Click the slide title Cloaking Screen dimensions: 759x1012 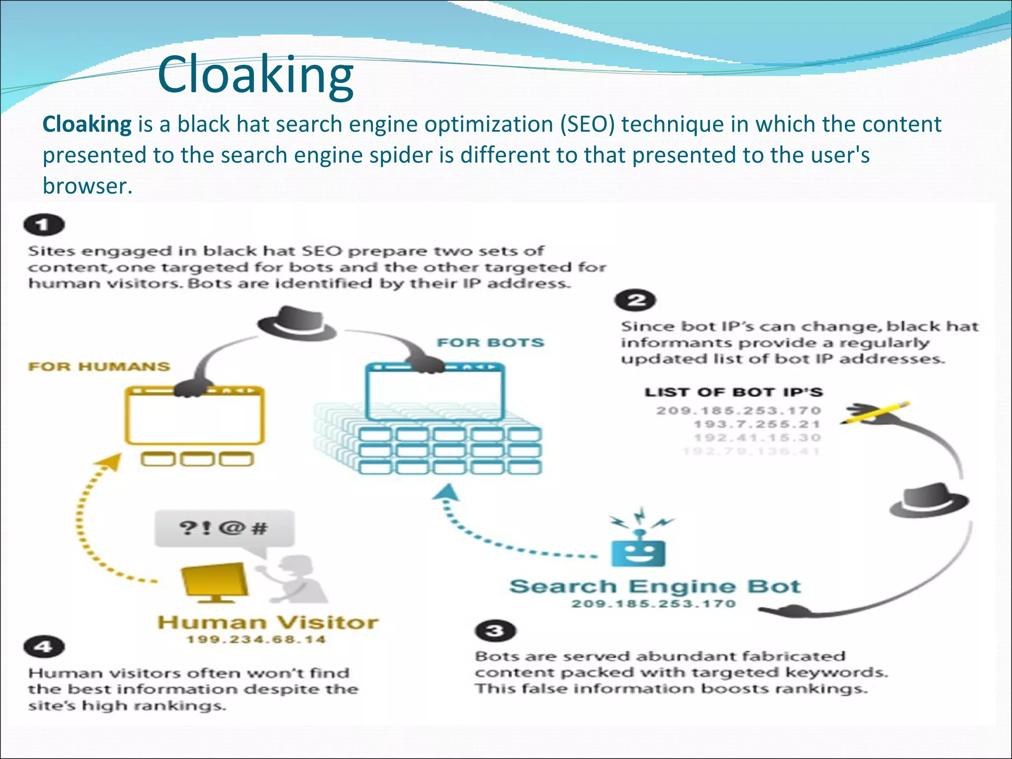click(x=255, y=75)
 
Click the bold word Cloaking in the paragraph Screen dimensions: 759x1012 click(x=87, y=124)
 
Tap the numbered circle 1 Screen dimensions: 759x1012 click(x=44, y=225)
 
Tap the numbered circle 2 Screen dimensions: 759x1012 click(x=635, y=300)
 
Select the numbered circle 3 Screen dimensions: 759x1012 click(x=495, y=631)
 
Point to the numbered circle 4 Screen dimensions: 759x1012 click(x=44, y=647)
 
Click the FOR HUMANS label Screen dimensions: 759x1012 click(x=99, y=367)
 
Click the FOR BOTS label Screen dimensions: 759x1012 click(x=490, y=342)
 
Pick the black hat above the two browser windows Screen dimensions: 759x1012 click(x=296, y=324)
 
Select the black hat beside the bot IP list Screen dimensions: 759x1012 click(x=929, y=500)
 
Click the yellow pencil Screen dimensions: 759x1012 click(x=877, y=413)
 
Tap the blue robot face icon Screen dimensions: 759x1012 click(x=638, y=552)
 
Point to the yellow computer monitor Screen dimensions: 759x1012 click(x=215, y=581)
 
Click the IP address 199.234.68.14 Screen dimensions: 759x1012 click(x=256, y=639)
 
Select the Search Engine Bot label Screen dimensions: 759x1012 click(x=655, y=587)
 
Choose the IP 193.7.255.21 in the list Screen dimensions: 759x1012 click(x=757, y=424)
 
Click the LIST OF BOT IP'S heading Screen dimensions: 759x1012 click(x=733, y=392)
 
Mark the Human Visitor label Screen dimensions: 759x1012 click(x=268, y=622)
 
